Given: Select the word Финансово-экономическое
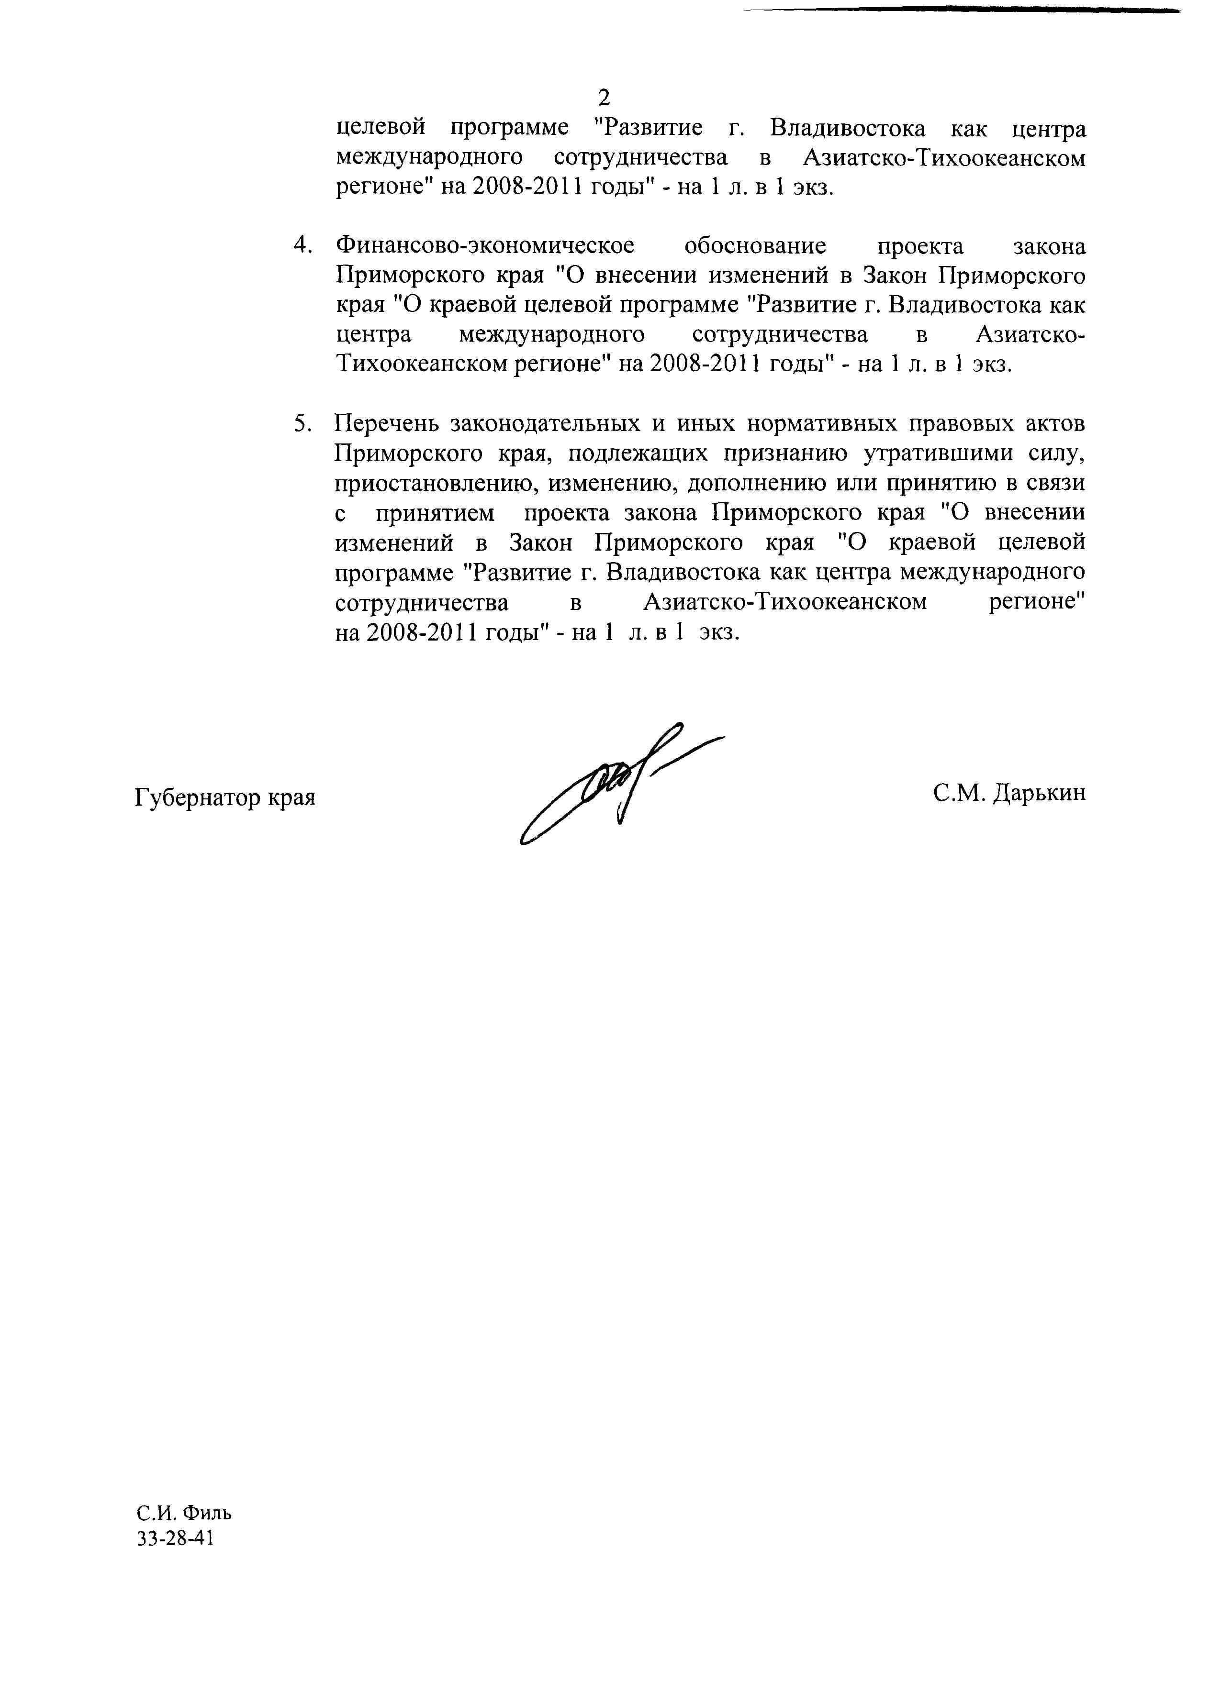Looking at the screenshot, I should pos(485,246).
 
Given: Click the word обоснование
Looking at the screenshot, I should pos(755,246).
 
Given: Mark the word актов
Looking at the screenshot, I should pos(1055,424).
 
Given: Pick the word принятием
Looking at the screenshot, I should pos(435,514).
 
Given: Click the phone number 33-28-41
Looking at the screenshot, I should pos(176,1538).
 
